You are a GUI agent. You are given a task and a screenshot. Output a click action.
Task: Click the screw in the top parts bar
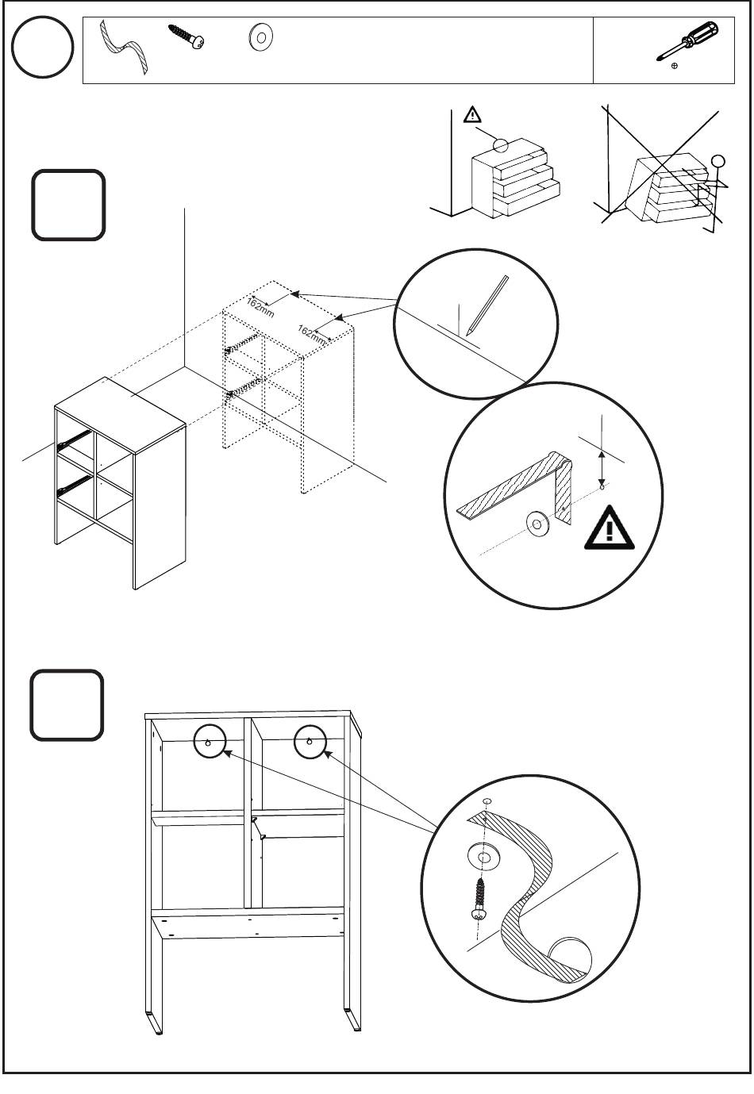(187, 36)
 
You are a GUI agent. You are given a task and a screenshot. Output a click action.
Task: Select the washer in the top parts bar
(260, 37)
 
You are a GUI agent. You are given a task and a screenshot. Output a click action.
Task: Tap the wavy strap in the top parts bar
(123, 47)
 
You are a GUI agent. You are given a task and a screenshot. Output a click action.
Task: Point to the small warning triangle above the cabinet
(472, 115)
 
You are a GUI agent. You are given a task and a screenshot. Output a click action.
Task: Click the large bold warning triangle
(610, 528)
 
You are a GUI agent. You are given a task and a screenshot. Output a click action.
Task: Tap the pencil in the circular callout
(487, 305)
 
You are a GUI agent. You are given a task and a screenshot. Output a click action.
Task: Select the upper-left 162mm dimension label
(260, 307)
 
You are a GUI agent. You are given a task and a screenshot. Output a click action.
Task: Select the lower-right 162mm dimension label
(311, 335)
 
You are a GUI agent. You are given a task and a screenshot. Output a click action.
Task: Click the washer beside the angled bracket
(537, 524)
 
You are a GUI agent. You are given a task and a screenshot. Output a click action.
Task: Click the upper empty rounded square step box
(68, 205)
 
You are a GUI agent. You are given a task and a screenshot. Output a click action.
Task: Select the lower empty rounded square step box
(67, 704)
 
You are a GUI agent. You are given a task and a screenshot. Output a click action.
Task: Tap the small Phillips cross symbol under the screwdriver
(675, 66)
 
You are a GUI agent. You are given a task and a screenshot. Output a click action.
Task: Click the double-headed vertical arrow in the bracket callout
(602, 468)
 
